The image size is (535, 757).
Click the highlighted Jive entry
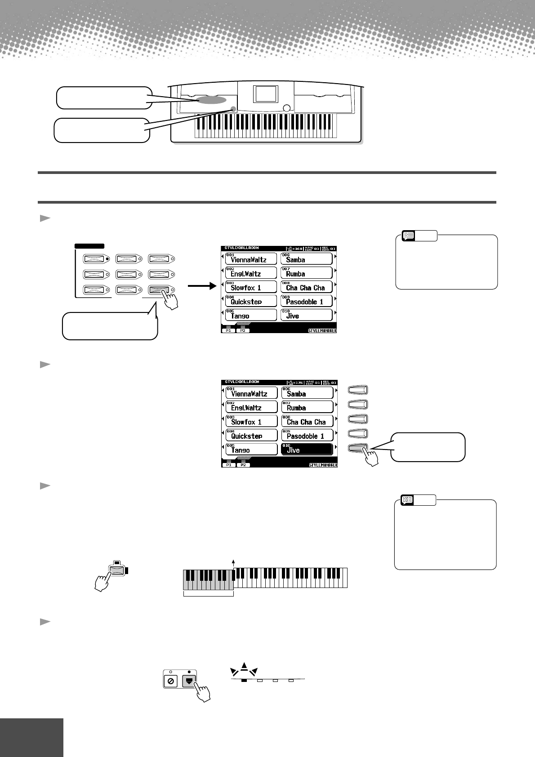(x=307, y=449)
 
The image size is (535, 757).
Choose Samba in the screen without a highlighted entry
(x=307, y=259)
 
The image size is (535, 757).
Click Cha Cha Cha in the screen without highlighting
(x=307, y=287)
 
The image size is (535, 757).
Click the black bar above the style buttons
(x=89, y=246)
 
